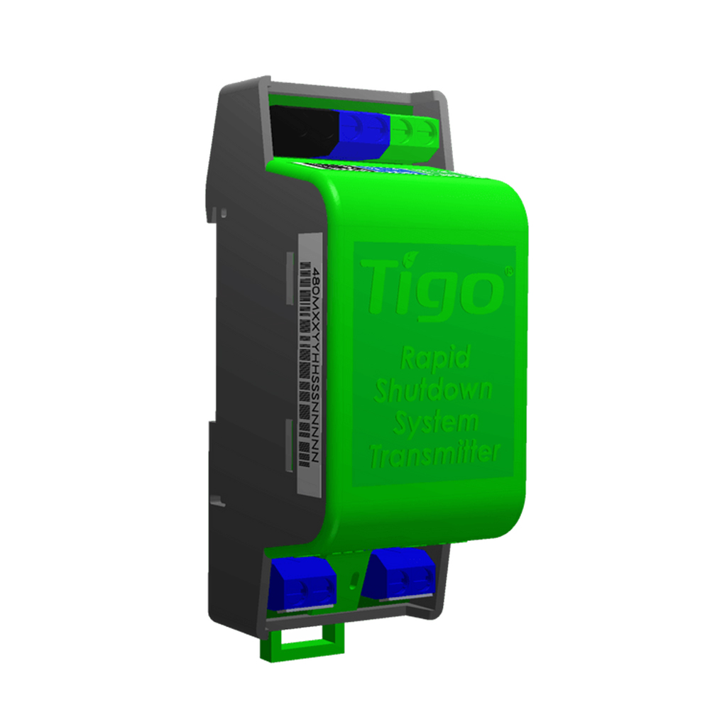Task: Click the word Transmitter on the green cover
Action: click(x=434, y=454)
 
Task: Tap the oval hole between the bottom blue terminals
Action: click(x=351, y=581)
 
